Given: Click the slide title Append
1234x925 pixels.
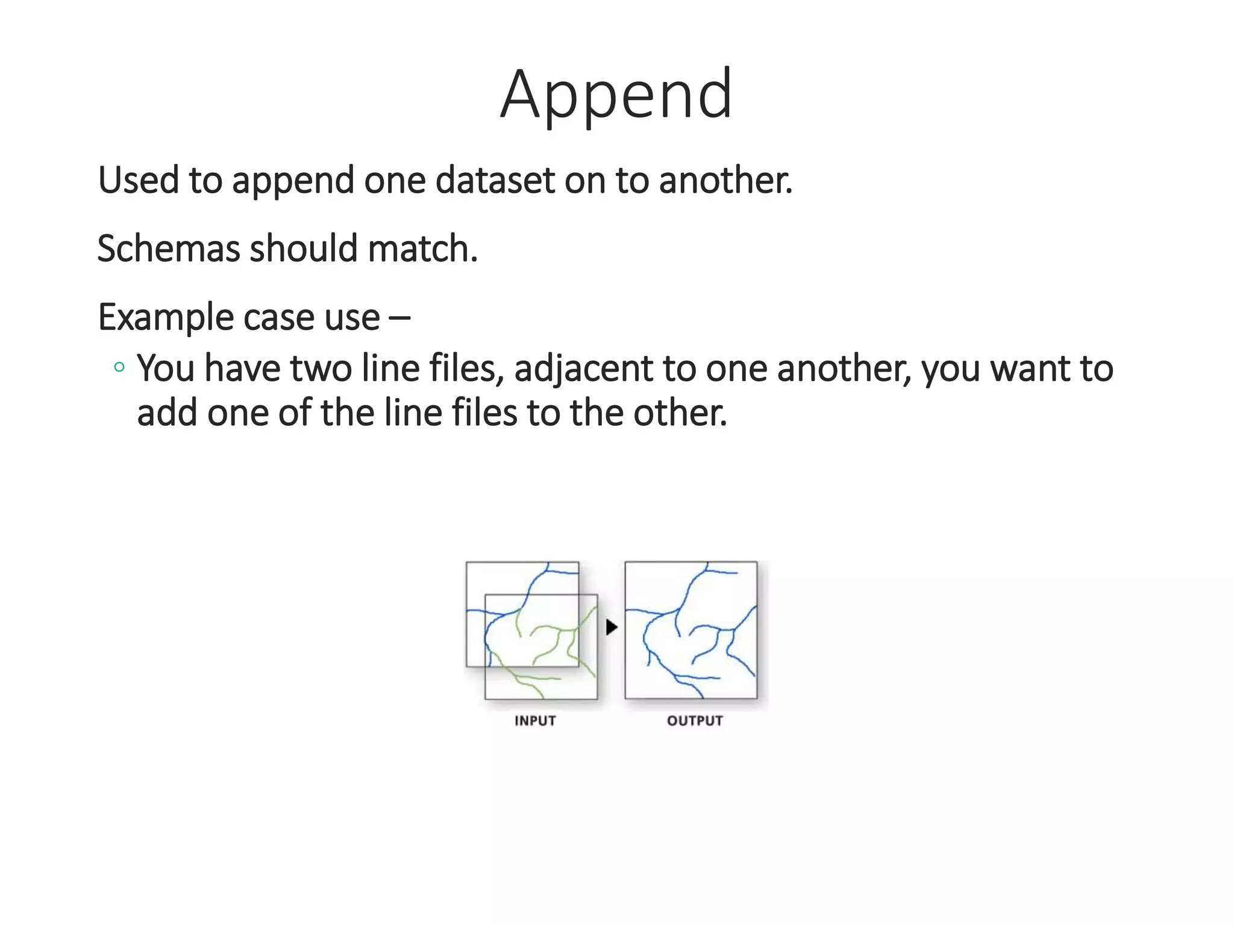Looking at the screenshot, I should [616, 95].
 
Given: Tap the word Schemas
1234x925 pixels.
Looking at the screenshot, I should [168, 248].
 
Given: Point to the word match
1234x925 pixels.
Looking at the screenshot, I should [422, 248].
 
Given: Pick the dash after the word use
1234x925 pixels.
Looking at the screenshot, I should [399, 316].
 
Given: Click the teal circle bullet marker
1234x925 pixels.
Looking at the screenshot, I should [119, 367].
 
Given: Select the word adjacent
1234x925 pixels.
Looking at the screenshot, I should [583, 369].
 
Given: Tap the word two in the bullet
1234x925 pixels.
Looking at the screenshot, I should [321, 369].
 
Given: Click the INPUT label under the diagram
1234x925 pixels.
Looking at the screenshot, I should [535, 721].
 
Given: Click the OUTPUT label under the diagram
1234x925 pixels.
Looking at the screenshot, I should [695, 721].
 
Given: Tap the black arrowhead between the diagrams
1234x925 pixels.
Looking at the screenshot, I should [612, 628].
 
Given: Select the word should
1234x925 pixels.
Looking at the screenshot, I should [304, 248].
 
